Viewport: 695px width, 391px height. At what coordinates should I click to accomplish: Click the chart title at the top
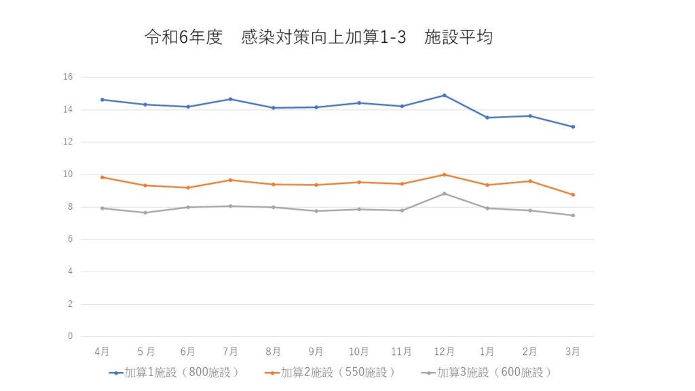318,37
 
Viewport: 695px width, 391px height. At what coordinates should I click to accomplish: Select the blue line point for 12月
444,95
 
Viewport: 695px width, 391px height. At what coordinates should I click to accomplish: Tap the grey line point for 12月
444,193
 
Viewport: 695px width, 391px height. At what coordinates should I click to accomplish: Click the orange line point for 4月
102,177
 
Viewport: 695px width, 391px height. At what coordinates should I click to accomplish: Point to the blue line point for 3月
573,127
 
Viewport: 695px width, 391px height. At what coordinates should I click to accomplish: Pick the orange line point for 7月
230,180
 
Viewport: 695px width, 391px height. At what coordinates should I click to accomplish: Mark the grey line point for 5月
145,212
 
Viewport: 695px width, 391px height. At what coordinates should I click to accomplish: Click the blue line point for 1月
487,117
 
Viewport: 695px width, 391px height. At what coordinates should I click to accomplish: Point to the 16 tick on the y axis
68,77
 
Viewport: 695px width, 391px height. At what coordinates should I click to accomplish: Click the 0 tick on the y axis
70,336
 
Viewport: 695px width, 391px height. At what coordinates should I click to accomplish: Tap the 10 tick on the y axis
68,174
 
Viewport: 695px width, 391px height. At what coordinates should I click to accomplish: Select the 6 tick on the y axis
70,239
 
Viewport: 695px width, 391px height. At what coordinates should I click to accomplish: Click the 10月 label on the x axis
358,351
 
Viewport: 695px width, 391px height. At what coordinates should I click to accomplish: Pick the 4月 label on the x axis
102,351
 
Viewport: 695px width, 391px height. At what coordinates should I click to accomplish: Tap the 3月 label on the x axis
573,351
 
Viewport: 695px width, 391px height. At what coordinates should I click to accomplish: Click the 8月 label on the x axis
273,351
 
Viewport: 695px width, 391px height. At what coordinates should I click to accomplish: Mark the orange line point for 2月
530,181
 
